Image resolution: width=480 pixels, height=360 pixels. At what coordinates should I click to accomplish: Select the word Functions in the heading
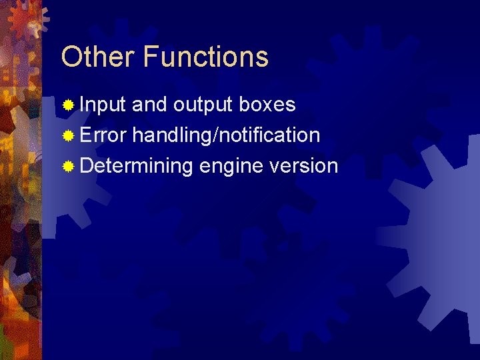click(x=205, y=57)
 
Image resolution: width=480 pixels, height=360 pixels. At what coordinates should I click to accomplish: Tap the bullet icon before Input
click(x=68, y=105)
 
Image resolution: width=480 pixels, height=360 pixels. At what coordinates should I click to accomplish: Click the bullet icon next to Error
click(x=68, y=135)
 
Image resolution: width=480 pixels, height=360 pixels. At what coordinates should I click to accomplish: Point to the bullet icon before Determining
click(x=68, y=166)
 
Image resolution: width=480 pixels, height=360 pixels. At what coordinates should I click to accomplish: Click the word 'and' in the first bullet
click(x=150, y=105)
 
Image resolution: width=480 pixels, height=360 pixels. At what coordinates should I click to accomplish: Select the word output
click(x=203, y=105)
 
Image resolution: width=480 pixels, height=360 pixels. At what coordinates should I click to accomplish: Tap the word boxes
click(x=267, y=105)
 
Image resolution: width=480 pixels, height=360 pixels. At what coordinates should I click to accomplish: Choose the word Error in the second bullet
click(x=103, y=135)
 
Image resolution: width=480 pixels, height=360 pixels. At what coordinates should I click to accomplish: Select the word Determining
click(x=136, y=166)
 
